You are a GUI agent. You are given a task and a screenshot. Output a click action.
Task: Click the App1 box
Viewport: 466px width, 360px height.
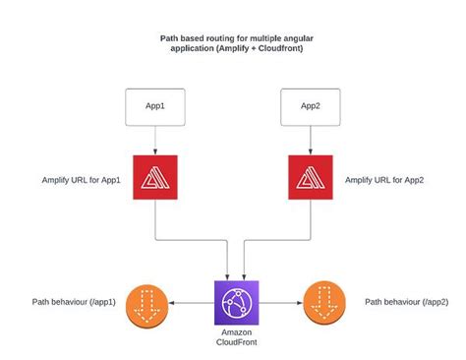click(x=155, y=106)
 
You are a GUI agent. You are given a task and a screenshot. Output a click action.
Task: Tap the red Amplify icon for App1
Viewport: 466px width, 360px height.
click(x=155, y=179)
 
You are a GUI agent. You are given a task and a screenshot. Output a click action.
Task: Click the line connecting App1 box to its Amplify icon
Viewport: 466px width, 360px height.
click(x=155, y=140)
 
